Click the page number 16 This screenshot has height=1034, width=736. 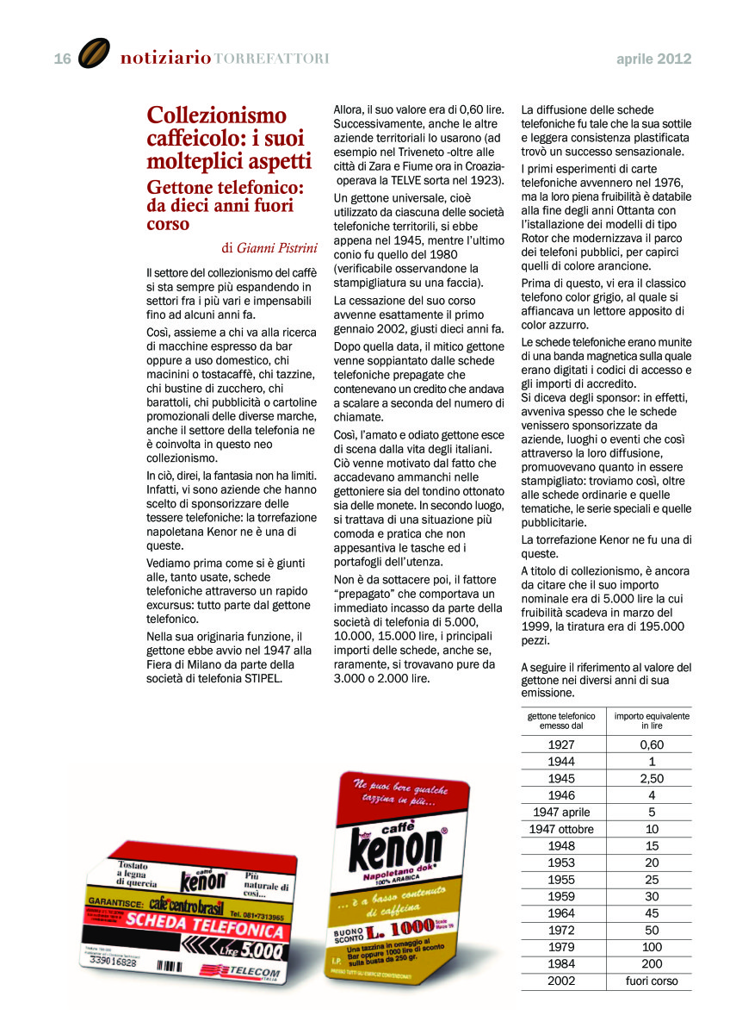coord(62,59)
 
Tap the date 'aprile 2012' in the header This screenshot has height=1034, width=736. coord(653,59)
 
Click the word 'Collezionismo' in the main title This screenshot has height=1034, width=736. coord(217,115)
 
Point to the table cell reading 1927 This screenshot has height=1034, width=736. coord(561,744)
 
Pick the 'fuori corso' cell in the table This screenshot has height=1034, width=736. coord(652,981)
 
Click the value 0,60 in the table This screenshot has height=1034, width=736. coord(652,744)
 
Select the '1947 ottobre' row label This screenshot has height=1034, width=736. coord(561,829)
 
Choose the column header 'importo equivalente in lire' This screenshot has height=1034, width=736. coord(652,721)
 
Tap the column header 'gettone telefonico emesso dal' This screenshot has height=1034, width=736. coord(561,721)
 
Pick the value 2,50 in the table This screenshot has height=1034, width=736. coord(652,778)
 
